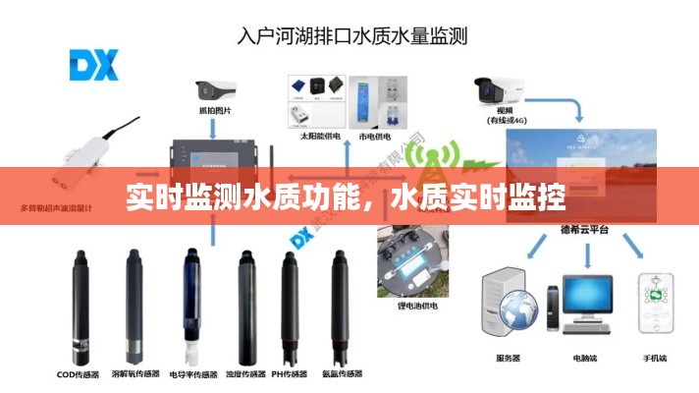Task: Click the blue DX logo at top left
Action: click(93, 65)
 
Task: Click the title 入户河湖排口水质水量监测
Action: click(353, 37)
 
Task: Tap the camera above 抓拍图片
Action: click(217, 90)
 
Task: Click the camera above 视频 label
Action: click(501, 90)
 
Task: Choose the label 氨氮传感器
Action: click(341, 374)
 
